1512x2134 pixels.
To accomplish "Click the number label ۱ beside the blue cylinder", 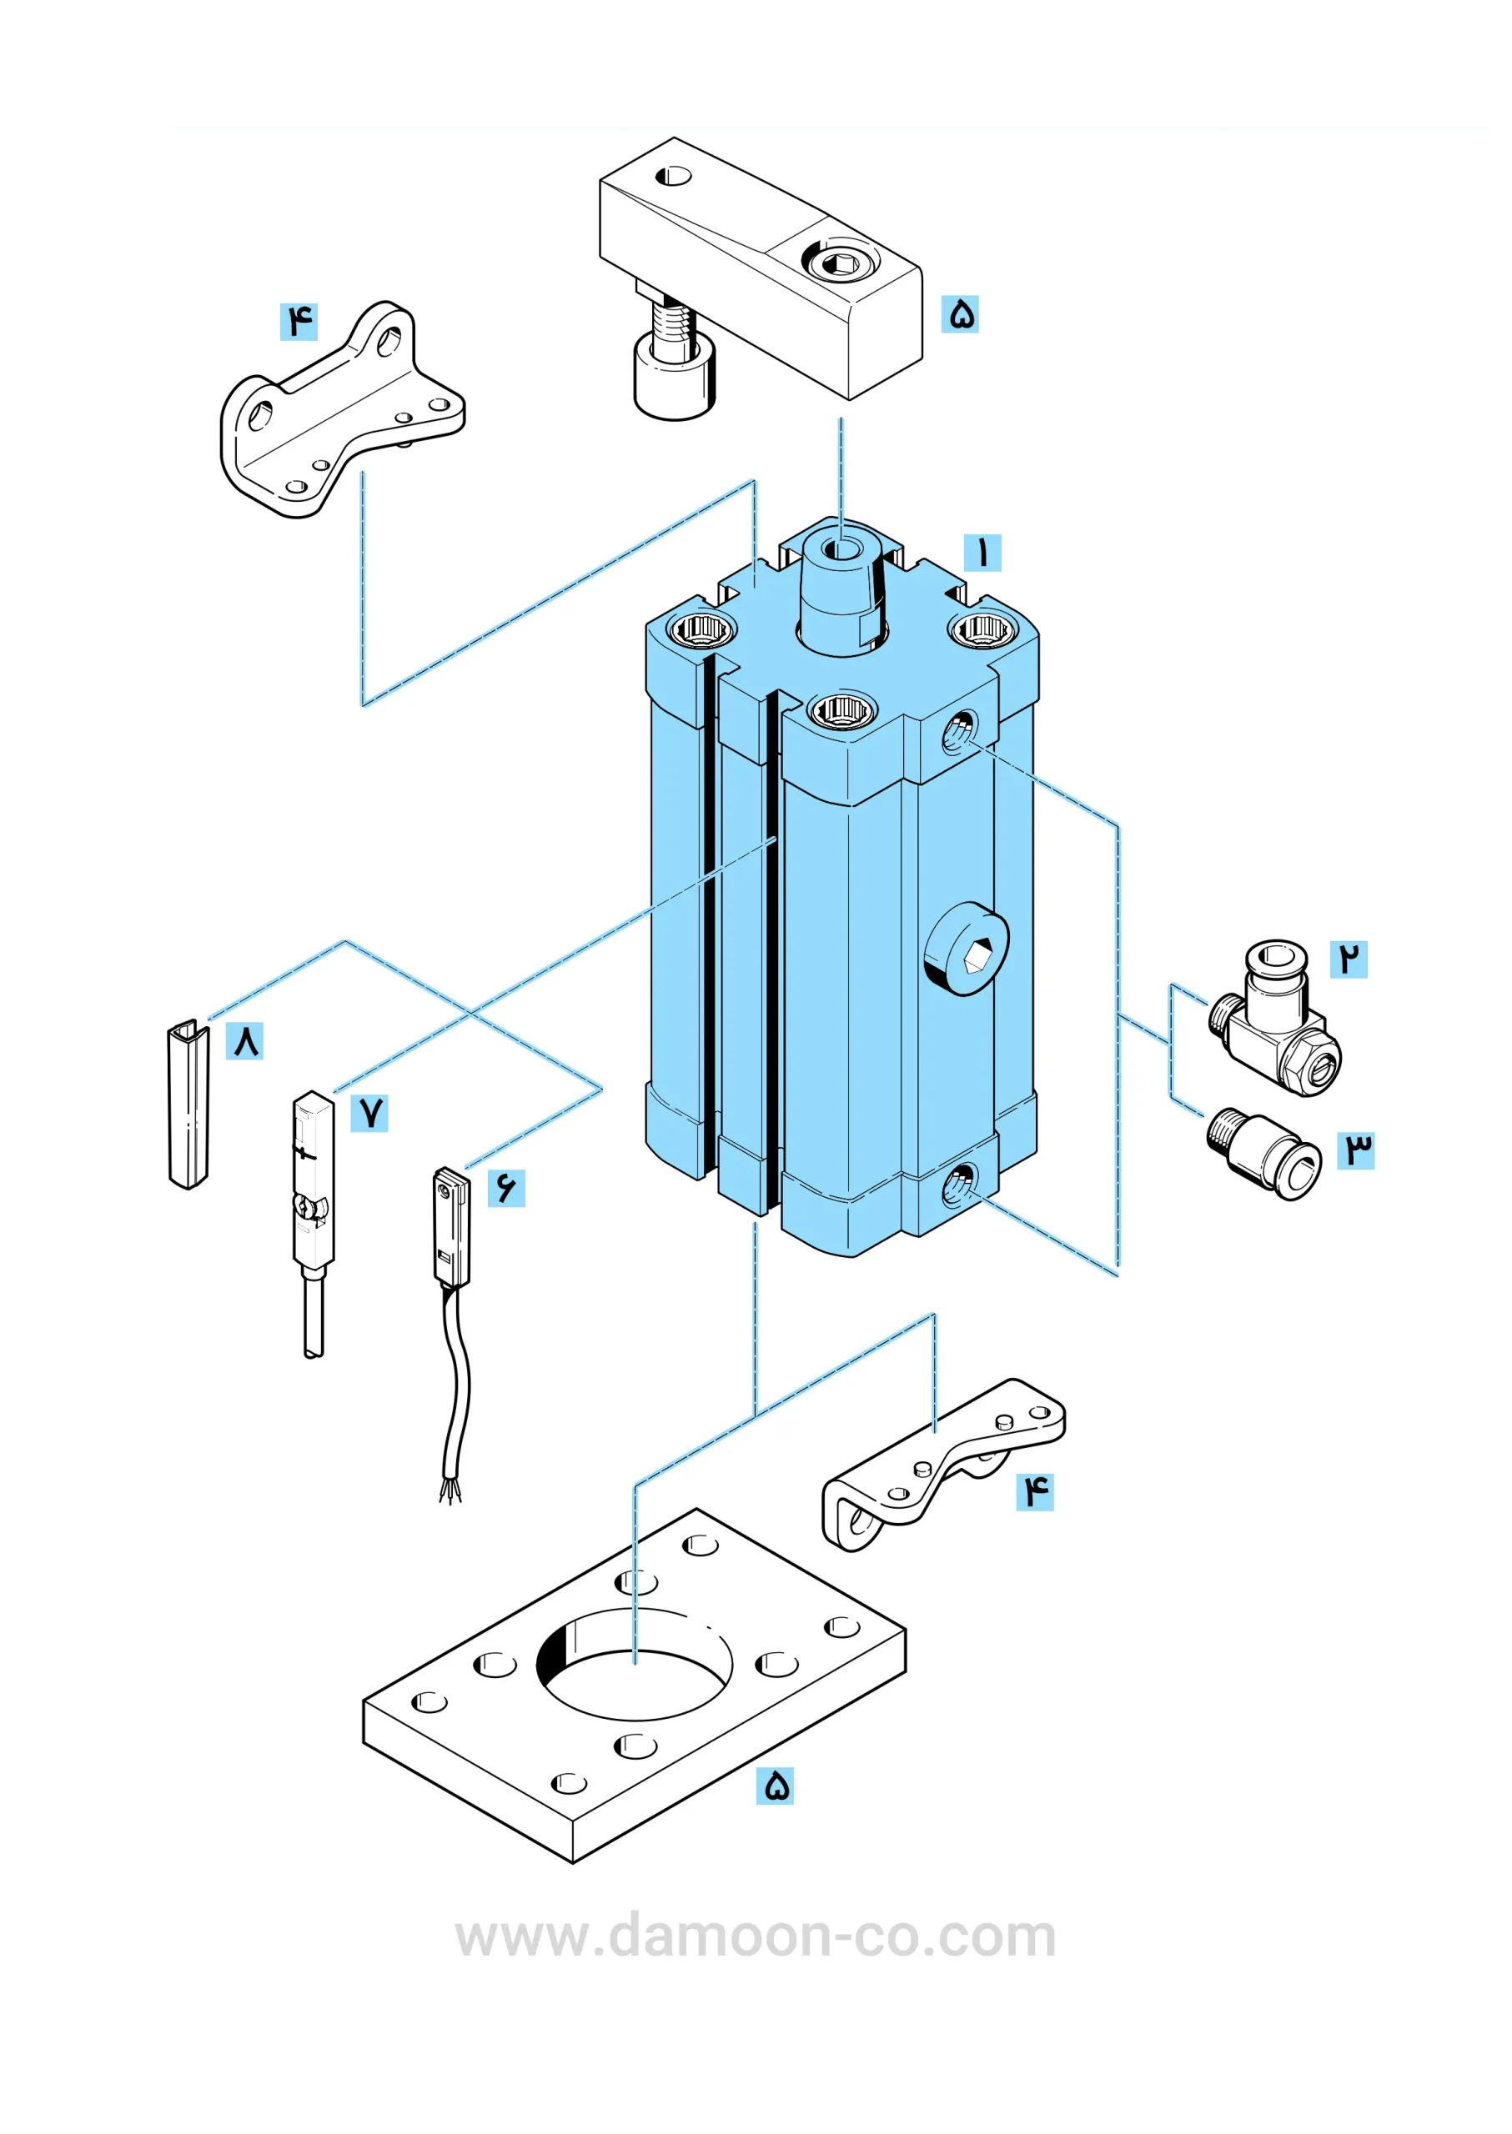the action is pyautogui.click(x=982, y=552).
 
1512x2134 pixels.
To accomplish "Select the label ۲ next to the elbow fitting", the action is pyautogui.click(x=1349, y=959).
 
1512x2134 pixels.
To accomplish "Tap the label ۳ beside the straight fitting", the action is pyautogui.click(x=1355, y=1150).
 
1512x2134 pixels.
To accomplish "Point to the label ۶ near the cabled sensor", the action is pyautogui.click(x=506, y=1188).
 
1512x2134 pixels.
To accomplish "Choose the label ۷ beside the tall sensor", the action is pyautogui.click(x=369, y=1112).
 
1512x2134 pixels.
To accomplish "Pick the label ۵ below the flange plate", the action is pyautogui.click(x=775, y=1785).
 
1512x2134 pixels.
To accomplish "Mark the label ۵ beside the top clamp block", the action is pyautogui.click(x=960, y=313).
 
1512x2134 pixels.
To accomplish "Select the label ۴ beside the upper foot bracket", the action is pyautogui.click(x=299, y=321).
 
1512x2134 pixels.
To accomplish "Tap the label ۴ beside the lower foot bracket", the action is pyautogui.click(x=1034, y=1491).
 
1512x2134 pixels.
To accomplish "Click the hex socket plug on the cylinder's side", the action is pyautogui.click(x=968, y=949).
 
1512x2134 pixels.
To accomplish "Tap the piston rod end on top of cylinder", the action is pyautogui.click(x=842, y=586).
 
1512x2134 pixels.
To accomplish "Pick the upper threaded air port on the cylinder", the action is pyautogui.click(x=960, y=732).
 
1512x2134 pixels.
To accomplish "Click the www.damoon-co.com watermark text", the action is pyautogui.click(x=755, y=1936).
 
